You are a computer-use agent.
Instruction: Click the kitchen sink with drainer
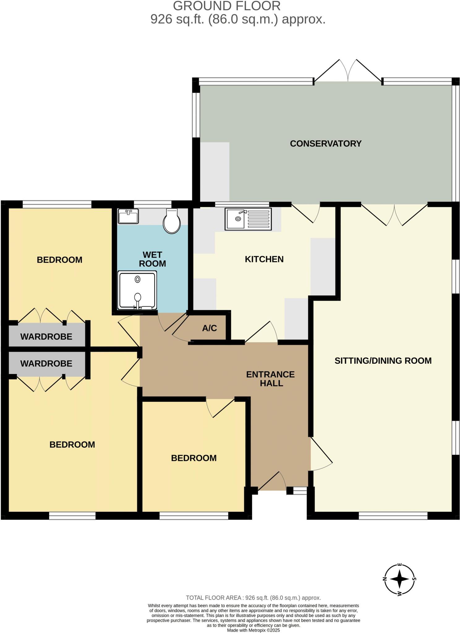coord(249,219)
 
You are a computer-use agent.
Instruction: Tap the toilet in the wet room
coord(172,221)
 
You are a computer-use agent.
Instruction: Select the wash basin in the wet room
coord(128,216)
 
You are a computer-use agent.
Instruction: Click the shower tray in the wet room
coord(137,290)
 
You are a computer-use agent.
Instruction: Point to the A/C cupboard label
coord(209,328)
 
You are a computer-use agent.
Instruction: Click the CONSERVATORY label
coord(326,144)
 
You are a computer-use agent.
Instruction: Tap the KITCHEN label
coord(264,259)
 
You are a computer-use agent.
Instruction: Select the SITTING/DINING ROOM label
coord(383,361)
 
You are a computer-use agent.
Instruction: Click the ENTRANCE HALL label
coord(270,379)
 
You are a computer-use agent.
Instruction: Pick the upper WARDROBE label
coord(46,337)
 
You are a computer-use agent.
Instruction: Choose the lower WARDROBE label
coord(46,363)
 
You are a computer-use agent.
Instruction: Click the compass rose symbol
coord(399,579)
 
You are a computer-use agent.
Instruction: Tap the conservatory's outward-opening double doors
coord(348,71)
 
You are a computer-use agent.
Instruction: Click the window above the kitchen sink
coord(242,204)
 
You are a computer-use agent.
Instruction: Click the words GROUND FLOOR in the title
coord(227,6)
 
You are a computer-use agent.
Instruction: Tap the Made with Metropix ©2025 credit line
coord(253,630)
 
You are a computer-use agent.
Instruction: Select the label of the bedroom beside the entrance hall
coord(194,458)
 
